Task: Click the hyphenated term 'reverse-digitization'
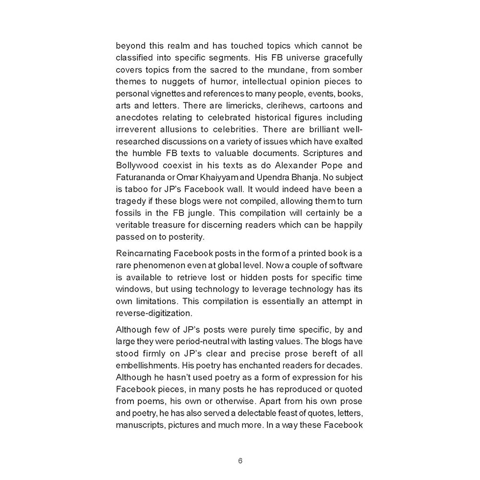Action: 154,313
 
